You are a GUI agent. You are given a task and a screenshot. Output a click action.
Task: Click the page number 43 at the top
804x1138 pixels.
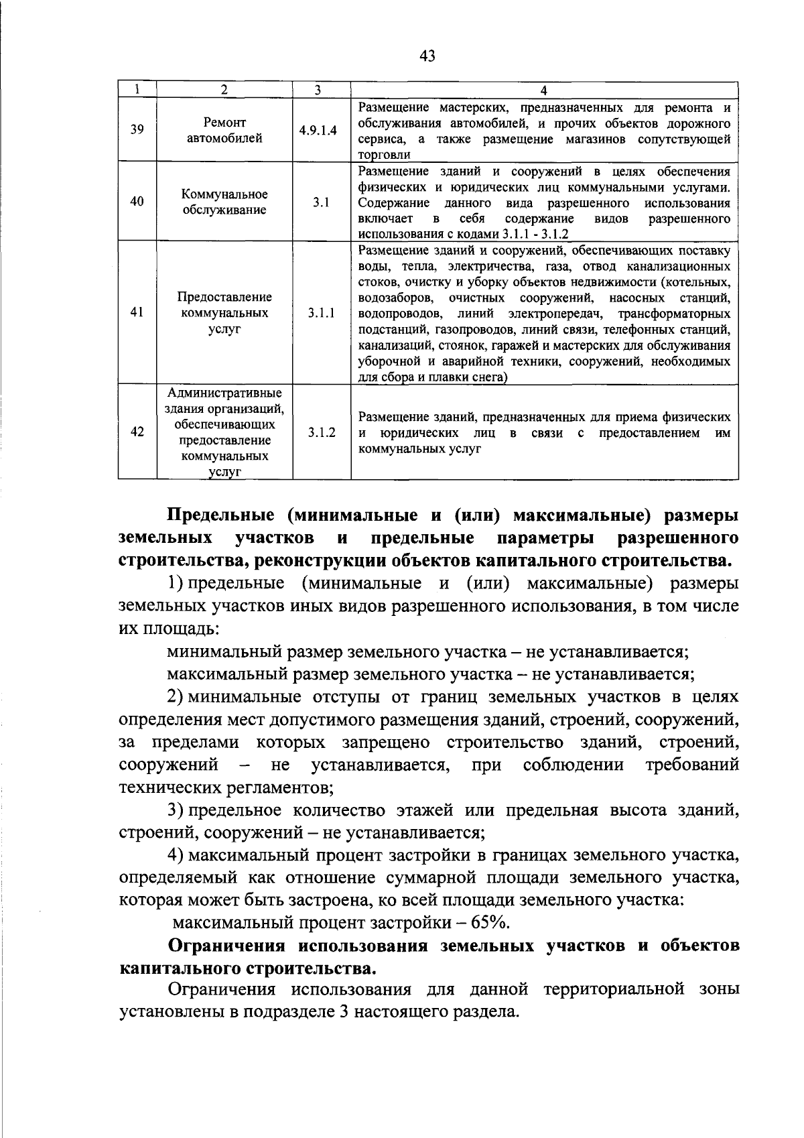[x=427, y=56]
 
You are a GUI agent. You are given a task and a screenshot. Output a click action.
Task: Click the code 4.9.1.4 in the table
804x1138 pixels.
[x=318, y=130]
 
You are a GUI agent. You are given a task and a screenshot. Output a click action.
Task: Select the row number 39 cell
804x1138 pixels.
[x=137, y=130]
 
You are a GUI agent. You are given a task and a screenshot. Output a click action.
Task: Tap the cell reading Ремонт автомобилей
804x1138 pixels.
[x=224, y=130]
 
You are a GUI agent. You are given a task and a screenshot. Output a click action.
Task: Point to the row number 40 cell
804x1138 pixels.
[x=137, y=201]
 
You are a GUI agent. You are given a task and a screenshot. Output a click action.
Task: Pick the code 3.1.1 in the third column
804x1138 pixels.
[x=322, y=312]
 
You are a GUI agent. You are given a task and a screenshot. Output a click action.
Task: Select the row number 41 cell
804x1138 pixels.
[x=137, y=312]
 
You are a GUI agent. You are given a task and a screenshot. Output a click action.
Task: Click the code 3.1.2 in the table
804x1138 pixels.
[x=322, y=432]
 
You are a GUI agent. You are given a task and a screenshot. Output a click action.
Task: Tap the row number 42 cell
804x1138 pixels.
[x=137, y=432]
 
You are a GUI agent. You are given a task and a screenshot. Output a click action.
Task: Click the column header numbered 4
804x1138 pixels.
[x=543, y=90]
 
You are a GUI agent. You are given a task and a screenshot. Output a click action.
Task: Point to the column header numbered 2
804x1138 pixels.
[x=224, y=90]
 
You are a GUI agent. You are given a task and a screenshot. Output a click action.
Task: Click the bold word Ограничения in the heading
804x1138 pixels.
[x=228, y=946]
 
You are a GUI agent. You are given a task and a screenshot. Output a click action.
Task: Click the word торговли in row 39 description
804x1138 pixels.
[x=384, y=155]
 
